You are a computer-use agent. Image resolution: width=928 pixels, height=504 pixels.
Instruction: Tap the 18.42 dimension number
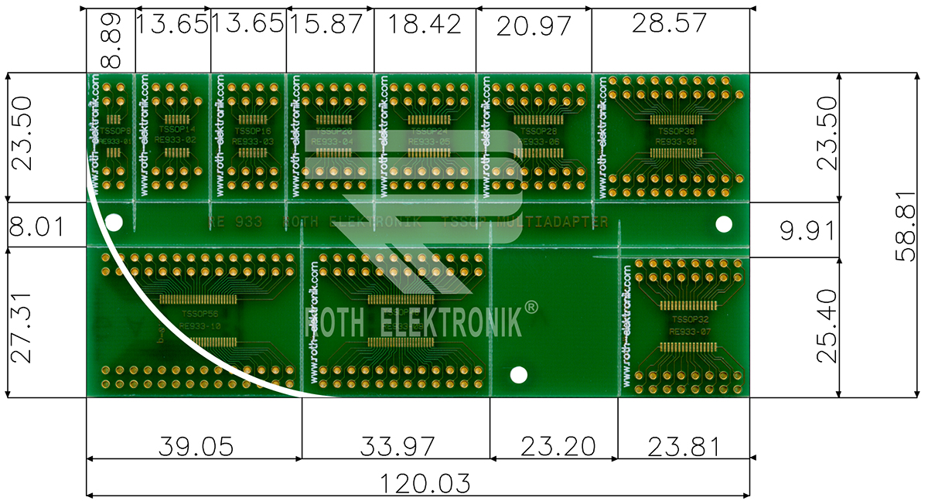click(425, 23)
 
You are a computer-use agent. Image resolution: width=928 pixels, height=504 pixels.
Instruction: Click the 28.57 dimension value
click(669, 23)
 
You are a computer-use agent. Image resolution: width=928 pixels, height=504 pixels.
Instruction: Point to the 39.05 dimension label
click(196, 446)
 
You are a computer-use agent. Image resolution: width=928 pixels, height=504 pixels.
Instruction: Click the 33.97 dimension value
click(397, 446)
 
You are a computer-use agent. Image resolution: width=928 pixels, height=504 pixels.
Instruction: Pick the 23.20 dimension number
click(558, 446)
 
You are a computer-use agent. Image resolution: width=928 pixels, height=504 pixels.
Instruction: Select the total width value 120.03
click(425, 484)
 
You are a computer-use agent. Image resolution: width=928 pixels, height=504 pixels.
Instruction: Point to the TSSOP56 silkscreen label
click(199, 315)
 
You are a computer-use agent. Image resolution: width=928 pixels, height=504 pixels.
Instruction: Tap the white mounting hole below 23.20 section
click(519, 375)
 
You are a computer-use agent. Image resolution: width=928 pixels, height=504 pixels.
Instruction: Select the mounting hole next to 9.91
click(724, 224)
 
